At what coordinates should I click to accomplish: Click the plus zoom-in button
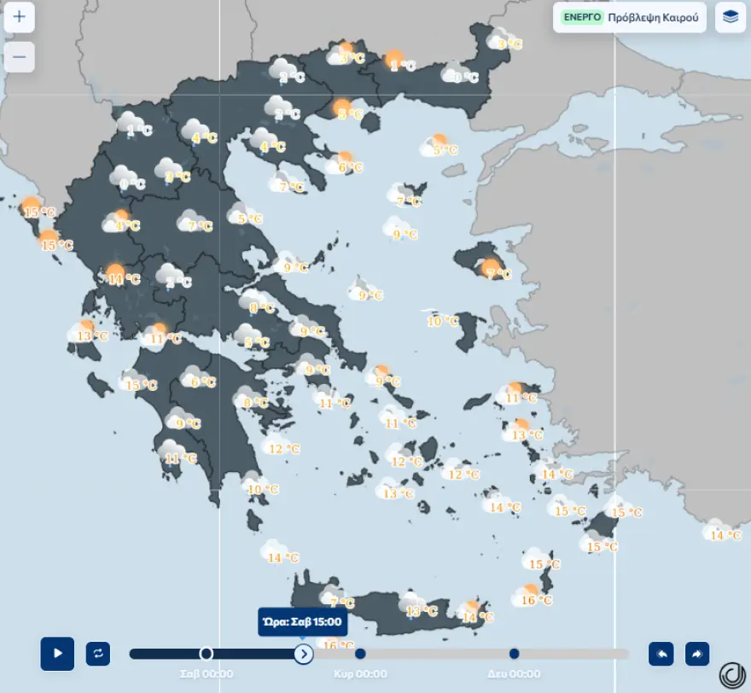click(x=20, y=16)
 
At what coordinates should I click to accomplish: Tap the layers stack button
click(x=731, y=16)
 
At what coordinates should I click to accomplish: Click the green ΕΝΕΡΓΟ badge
click(x=582, y=16)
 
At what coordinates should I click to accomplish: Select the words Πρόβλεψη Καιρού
click(x=654, y=16)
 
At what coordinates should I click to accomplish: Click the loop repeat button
click(x=98, y=654)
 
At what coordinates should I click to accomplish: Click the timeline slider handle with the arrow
click(x=304, y=654)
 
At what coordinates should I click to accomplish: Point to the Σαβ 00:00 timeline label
click(x=207, y=674)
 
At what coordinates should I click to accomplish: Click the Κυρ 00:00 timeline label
click(x=360, y=674)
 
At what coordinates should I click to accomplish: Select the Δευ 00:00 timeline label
click(x=514, y=674)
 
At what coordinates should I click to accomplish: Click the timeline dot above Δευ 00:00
click(x=514, y=654)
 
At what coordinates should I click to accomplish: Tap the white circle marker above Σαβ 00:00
click(x=206, y=654)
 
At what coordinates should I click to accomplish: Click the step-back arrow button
click(x=661, y=654)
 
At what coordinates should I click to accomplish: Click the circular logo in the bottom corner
click(x=731, y=674)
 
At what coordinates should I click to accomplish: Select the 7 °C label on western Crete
click(x=341, y=603)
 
